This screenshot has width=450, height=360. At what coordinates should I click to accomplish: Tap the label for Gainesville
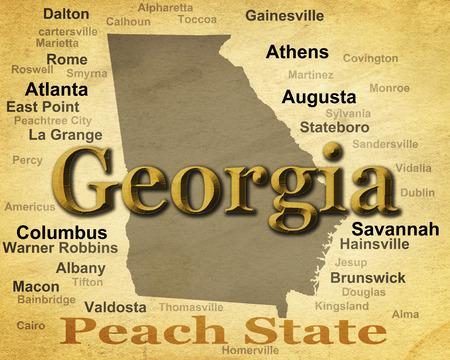coord(284,16)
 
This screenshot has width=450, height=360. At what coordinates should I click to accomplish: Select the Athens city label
coord(297,52)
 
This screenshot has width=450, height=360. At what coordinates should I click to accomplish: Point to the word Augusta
coord(318,97)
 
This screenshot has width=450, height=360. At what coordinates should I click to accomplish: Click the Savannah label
coord(395,229)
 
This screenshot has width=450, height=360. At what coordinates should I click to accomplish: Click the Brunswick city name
coord(367,277)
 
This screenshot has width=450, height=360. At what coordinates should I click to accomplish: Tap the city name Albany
coord(80,268)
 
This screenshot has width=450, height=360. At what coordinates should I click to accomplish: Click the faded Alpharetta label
coord(165,7)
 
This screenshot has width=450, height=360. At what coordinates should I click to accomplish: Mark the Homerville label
coord(250,350)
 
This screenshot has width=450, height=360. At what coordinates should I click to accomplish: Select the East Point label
coord(43,106)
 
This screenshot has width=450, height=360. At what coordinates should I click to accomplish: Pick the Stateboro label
coord(334,127)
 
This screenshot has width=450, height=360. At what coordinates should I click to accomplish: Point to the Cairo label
coord(31,325)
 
